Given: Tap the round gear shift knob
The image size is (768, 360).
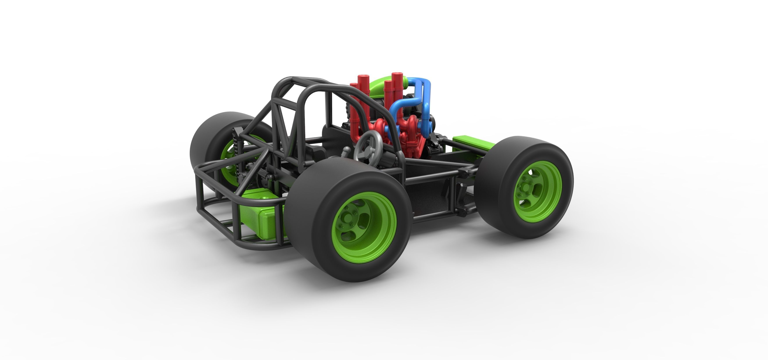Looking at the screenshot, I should pos(346,149).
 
